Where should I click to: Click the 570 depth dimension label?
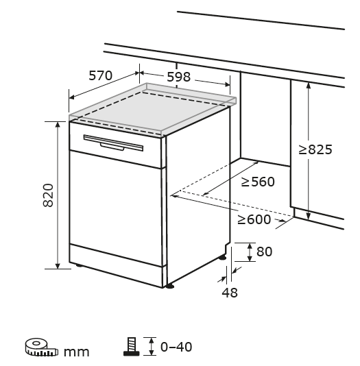pyautogui.click(x=100, y=75)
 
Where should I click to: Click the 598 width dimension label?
pyautogui.click(x=179, y=77)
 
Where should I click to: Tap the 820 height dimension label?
pyautogui.click(x=48, y=195)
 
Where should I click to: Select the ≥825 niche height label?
pyautogui.click(x=315, y=149)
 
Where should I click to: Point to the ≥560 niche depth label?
pyautogui.click(x=258, y=182)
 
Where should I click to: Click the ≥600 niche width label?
pyautogui.click(x=254, y=219)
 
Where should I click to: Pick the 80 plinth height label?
pyautogui.click(x=264, y=252)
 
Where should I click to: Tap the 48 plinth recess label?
pyautogui.click(x=230, y=293)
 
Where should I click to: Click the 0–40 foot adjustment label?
pyautogui.click(x=176, y=347)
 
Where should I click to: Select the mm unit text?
pyautogui.click(x=77, y=352)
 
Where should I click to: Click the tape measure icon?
pyautogui.click(x=42, y=347)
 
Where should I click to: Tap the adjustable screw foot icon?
pyautogui.click(x=132, y=347)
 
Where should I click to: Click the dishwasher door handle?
pyautogui.click(x=113, y=143)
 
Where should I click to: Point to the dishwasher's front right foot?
pyautogui.click(x=170, y=286)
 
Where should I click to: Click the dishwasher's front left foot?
pyautogui.click(x=79, y=265)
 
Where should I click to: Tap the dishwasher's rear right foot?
pyautogui.click(x=222, y=257)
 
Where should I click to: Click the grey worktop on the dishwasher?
pyautogui.click(x=152, y=109)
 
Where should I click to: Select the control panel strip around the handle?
pyautogui.click(x=116, y=145)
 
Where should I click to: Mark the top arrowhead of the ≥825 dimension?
pyautogui.click(x=309, y=86)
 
